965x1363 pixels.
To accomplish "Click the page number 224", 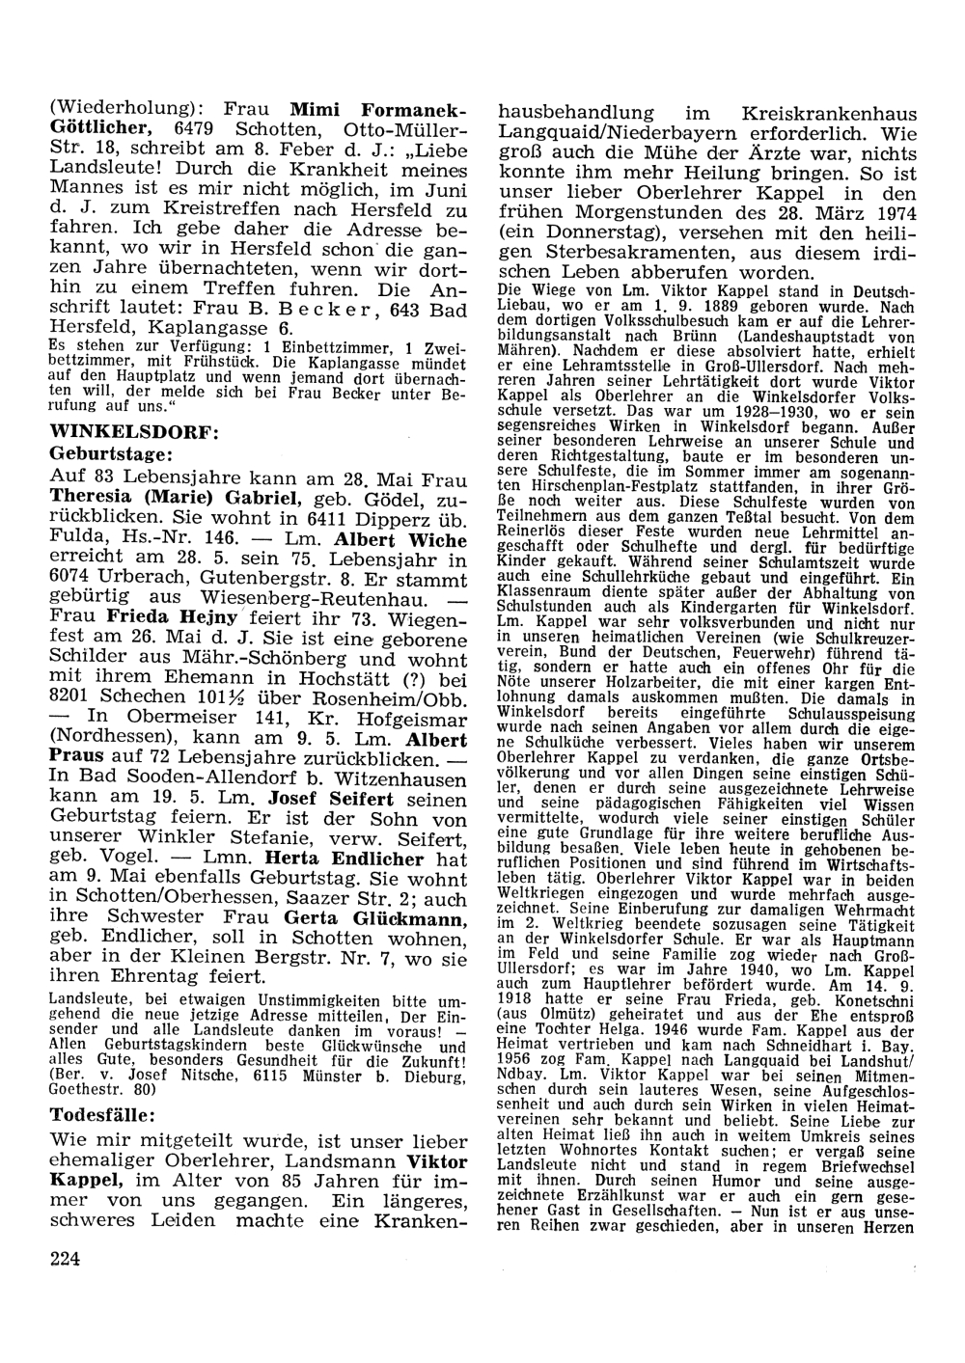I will (65, 1256).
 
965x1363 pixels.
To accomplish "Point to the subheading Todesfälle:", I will (102, 1114).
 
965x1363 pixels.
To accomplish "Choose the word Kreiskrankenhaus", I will (819, 112).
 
